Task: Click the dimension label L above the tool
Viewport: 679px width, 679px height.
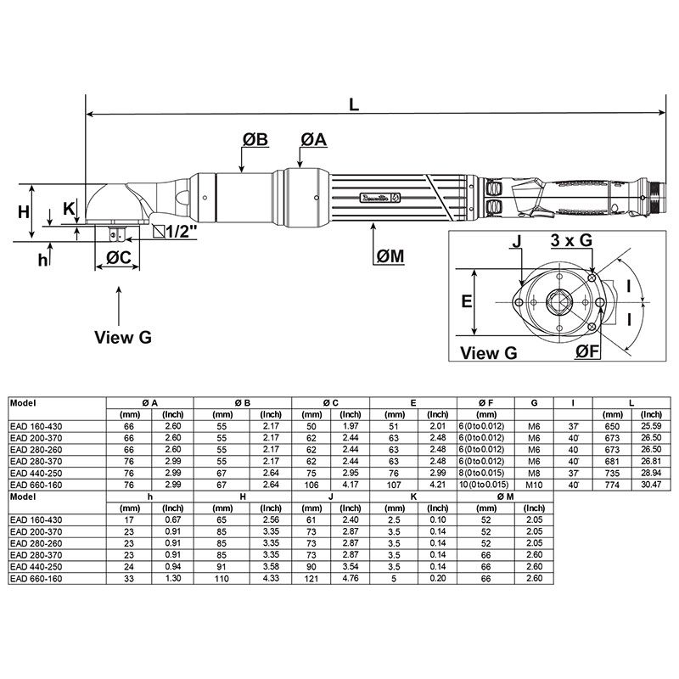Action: [355, 103]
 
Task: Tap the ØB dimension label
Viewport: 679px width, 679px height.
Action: [255, 140]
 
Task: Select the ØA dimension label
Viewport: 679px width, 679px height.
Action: [313, 140]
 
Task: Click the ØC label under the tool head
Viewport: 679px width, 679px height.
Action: [117, 258]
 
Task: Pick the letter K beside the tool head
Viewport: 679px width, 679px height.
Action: [69, 209]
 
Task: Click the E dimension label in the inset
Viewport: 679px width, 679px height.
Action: [466, 301]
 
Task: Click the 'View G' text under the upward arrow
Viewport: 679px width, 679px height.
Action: [122, 337]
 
